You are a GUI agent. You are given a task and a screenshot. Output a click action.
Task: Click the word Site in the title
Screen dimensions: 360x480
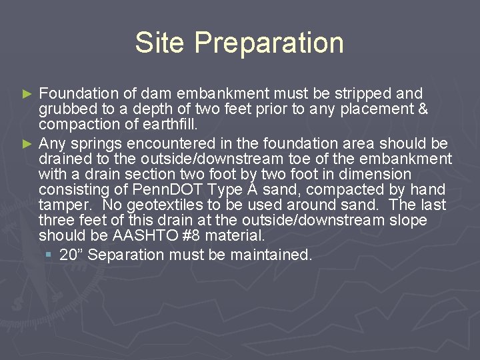pyautogui.click(x=160, y=43)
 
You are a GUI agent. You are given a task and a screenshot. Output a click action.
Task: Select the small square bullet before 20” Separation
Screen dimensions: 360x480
pyautogui.click(x=50, y=255)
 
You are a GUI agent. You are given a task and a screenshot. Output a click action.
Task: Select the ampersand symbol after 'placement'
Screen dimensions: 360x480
pyautogui.click(x=421, y=109)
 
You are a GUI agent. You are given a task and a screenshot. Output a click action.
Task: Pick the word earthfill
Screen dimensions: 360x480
pyautogui.click(x=169, y=125)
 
